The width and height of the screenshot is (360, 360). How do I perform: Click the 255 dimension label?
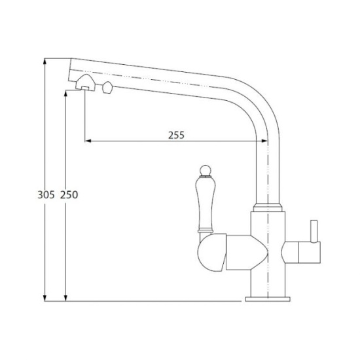[x=176, y=135]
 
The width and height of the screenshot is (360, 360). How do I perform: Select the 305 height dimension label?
[x=46, y=194]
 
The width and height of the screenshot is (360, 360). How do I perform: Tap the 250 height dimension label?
[x=69, y=194]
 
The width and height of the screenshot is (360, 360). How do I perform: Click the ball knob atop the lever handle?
[x=205, y=170]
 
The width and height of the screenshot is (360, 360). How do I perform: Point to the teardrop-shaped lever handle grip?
[x=206, y=204]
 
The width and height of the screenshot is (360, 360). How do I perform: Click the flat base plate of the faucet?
[x=268, y=299]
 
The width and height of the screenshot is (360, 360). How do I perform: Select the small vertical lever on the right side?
[x=314, y=231]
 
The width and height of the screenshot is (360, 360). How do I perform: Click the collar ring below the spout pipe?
[x=268, y=207]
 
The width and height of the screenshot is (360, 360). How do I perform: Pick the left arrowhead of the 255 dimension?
[x=88, y=141]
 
